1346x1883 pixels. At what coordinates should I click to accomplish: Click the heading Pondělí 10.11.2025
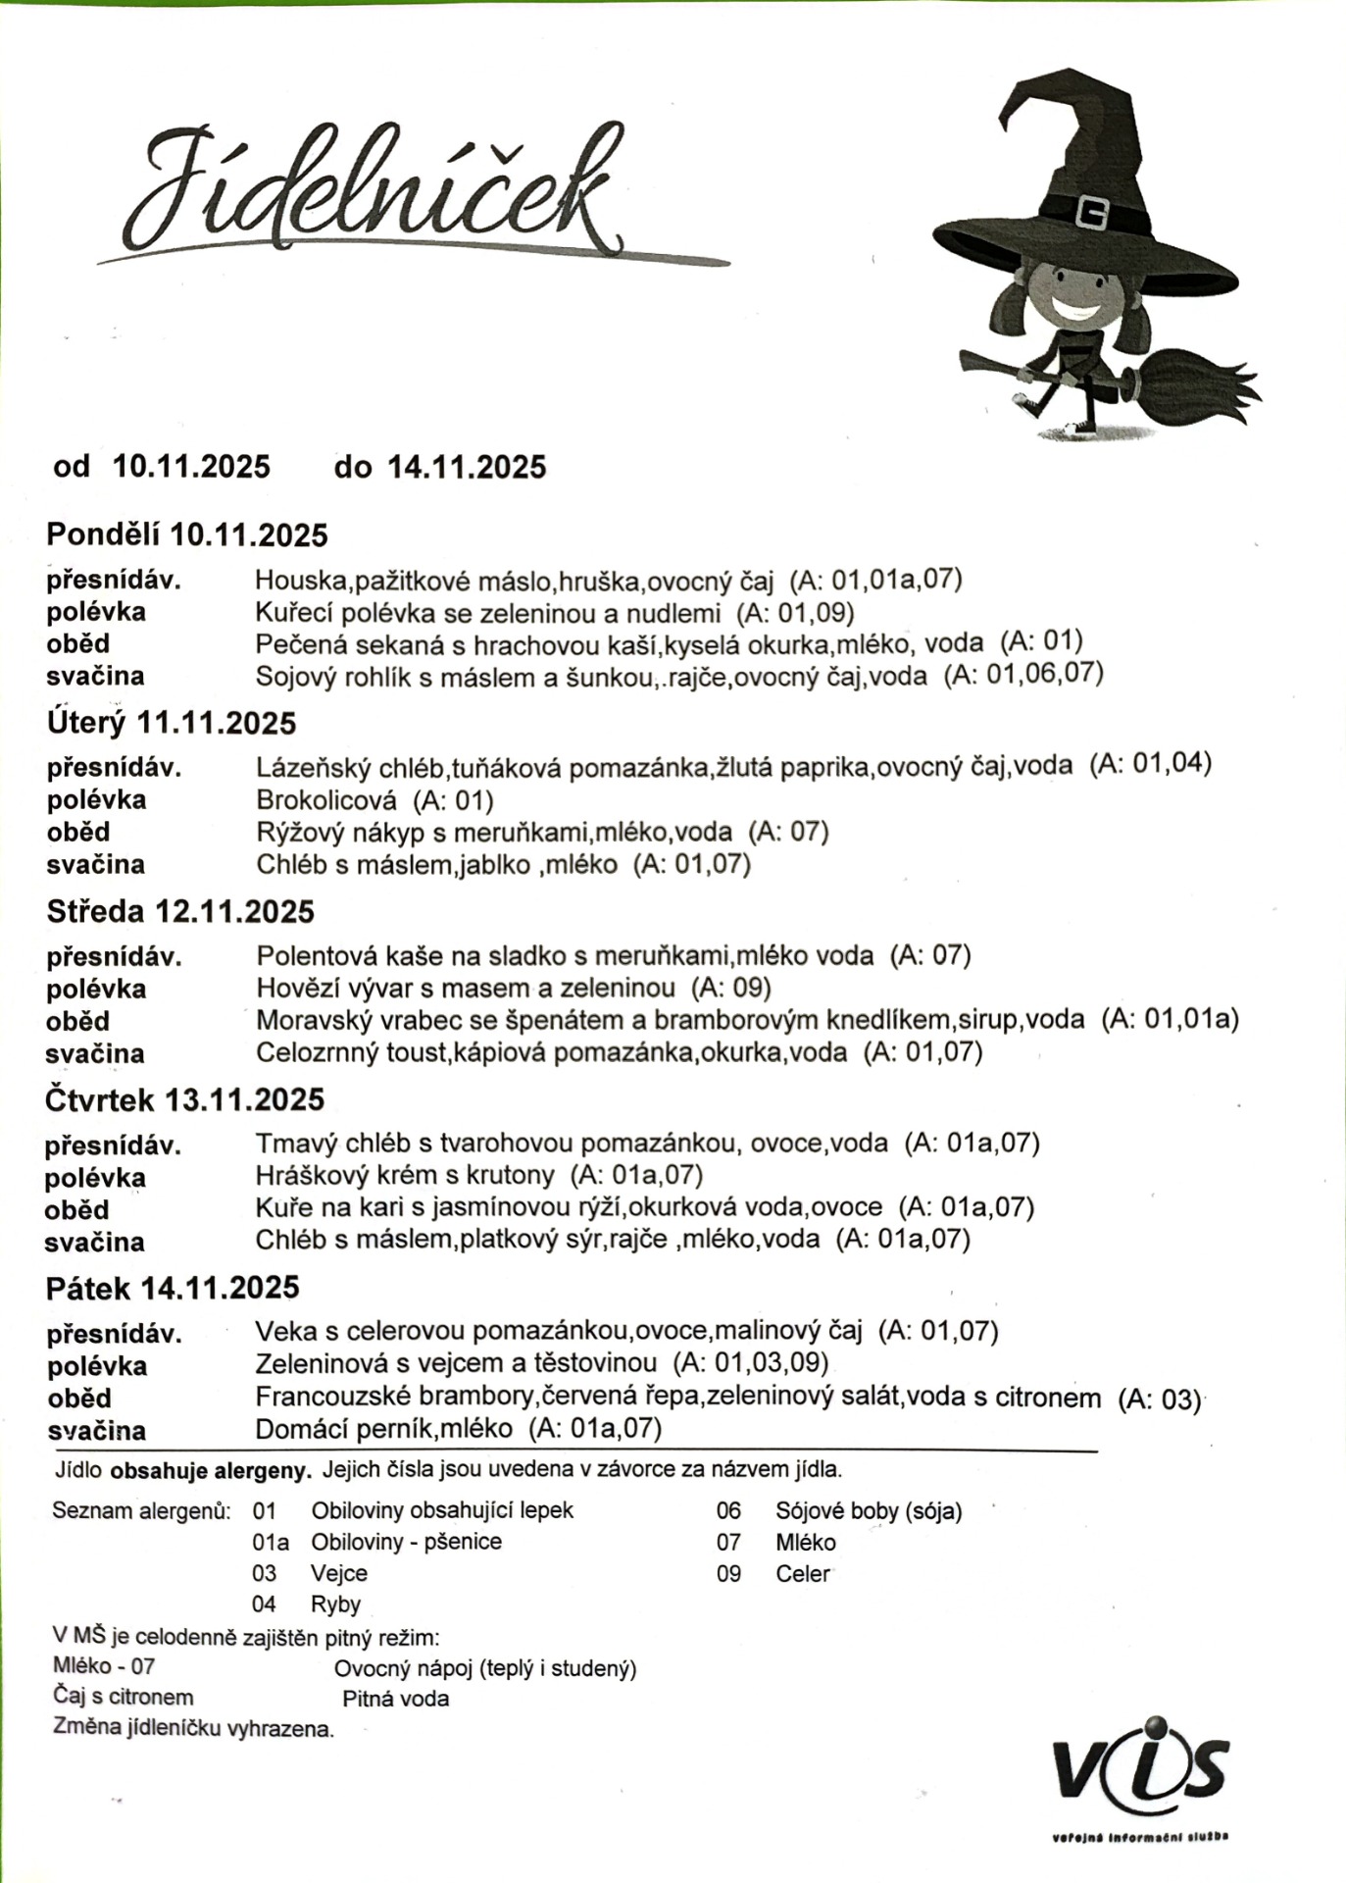pyautogui.click(x=187, y=535)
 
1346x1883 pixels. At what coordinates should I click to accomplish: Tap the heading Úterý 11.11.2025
pyautogui.click(x=172, y=724)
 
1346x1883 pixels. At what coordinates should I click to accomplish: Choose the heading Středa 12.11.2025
pyautogui.click(x=180, y=912)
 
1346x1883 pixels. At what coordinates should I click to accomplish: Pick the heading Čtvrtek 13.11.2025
pyautogui.click(x=184, y=1100)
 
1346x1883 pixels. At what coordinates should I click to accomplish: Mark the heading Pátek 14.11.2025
pyautogui.click(x=173, y=1289)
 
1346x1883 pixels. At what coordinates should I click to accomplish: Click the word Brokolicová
pyautogui.click(x=326, y=800)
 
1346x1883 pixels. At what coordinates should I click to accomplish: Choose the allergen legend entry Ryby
pyautogui.click(x=335, y=1604)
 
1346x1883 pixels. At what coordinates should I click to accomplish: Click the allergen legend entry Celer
pyautogui.click(x=802, y=1573)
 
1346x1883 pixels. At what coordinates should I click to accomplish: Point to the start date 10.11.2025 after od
pyautogui.click(x=192, y=467)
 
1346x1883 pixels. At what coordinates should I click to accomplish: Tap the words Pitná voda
pyautogui.click(x=395, y=1699)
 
